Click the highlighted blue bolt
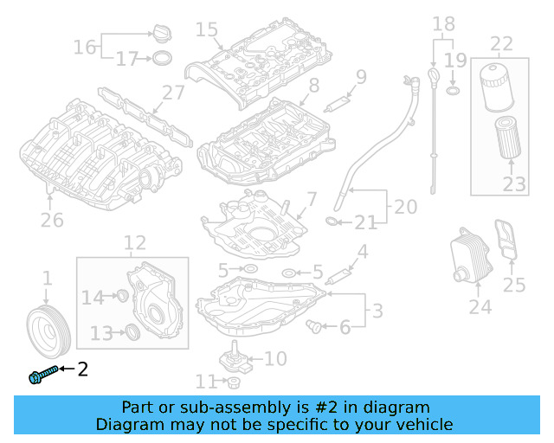point(41,374)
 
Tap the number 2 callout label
point(83,370)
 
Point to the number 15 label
point(206,30)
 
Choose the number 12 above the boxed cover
point(134,243)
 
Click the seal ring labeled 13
point(132,332)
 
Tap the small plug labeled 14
point(122,298)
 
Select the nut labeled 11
point(233,382)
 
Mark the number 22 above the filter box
point(501,44)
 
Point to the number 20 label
point(405,208)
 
